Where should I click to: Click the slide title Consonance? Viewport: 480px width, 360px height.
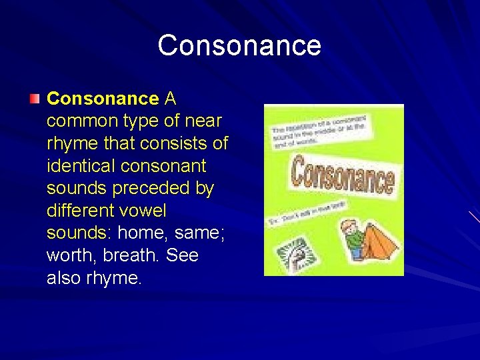239,45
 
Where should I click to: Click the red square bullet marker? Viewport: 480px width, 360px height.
35,99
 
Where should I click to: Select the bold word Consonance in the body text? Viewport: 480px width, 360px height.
103,99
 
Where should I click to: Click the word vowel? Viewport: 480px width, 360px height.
146,211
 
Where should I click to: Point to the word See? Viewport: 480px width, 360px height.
182,256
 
